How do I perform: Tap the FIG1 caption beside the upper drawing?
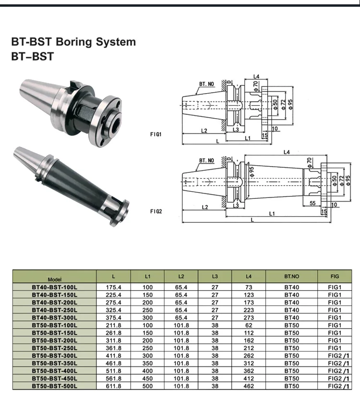click(x=156, y=134)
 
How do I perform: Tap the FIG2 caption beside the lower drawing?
click(x=156, y=211)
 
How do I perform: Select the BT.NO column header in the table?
click(x=291, y=277)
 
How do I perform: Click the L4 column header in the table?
click(x=249, y=277)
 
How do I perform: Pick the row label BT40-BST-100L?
click(x=55, y=287)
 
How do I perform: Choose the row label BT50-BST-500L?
click(x=55, y=386)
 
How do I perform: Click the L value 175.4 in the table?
click(x=113, y=287)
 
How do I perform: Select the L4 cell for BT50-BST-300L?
click(x=249, y=355)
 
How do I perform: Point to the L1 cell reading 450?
click(x=147, y=378)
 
